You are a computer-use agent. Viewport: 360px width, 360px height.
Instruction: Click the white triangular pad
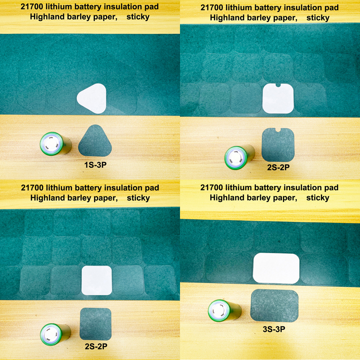click(93, 98)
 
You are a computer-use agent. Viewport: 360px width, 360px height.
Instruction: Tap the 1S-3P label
click(95, 165)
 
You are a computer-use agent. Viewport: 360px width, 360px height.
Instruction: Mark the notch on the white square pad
click(278, 85)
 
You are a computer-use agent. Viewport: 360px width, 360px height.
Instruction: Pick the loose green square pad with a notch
click(278, 145)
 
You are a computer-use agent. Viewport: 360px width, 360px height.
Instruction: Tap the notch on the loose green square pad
click(278, 130)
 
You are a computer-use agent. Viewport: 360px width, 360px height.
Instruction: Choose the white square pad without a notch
click(97, 281)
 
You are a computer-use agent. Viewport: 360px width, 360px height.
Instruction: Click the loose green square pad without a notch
click(95, 324)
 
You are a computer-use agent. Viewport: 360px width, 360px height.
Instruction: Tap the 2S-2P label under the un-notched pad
click(96, 346)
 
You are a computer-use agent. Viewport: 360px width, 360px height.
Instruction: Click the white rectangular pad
click(276, 268)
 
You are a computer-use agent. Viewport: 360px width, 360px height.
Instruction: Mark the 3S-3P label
click(274, 329)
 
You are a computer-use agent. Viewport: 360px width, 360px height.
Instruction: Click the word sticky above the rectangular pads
click(317, 198)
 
